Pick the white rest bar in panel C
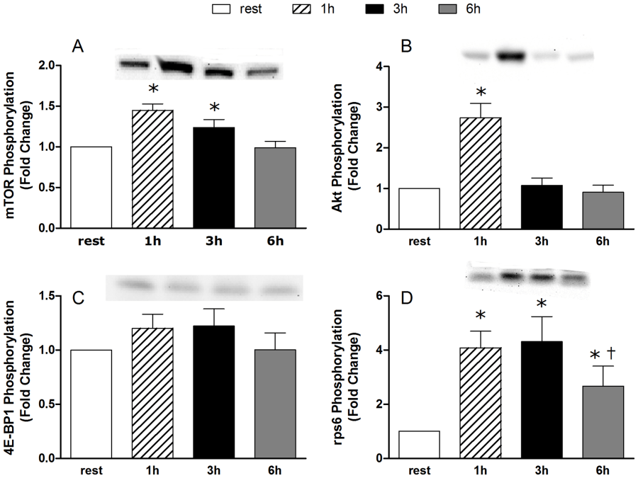click(91, 404)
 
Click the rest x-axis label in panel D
click(420, 470)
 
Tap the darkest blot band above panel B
click(512, 55)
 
